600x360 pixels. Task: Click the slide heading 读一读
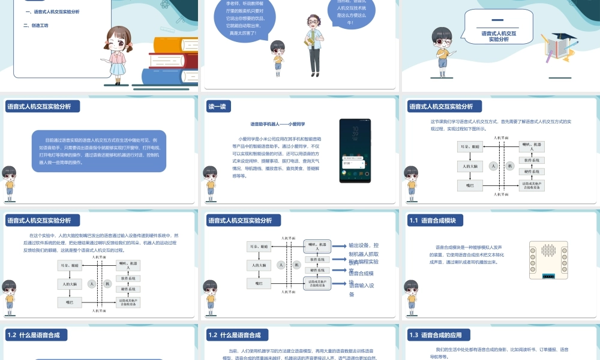click(x=217, y=106)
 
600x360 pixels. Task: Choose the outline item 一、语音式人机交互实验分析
click(x=52, y=11)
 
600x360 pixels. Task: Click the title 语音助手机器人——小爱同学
click(x=278, y=124)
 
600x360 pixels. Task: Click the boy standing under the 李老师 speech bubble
click(x=277, y=55)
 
